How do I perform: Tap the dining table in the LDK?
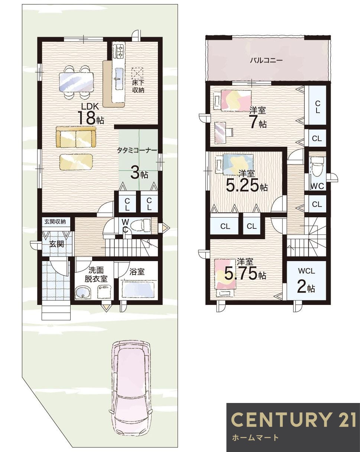[x=76, y=82]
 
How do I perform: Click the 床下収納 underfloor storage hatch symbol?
[x=137, y=73]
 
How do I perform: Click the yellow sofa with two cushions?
[x=76, y=137]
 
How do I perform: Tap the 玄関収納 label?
[x=55, y=222]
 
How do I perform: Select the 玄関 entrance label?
[x=56, y=244]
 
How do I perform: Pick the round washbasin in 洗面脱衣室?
[x=83, y=292]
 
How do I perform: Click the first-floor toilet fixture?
[x=140, y=226]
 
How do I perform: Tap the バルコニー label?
[x=266, y=61]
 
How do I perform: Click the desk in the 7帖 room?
[x=220, y=133]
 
